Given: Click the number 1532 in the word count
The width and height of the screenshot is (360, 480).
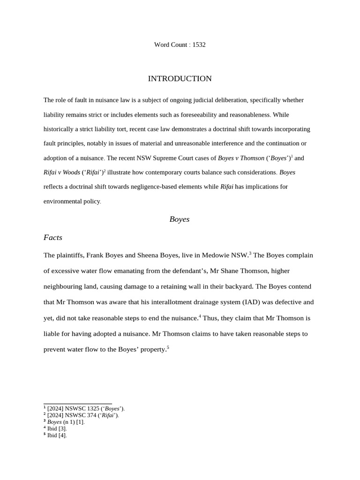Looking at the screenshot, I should click(x=199, y=45).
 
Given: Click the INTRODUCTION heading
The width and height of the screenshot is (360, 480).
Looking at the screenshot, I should click(x=180, y=79).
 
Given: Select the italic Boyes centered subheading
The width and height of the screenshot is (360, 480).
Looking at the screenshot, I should click(x=180, y=219).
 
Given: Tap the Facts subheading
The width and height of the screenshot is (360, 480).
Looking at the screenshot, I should click(x=53, y=238).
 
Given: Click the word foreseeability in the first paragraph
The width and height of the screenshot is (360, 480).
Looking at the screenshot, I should click(x=198, y=114).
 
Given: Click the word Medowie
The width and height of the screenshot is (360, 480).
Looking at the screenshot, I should click(x=218, y=255).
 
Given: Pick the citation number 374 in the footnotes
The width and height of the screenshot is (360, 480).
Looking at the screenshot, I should click(x=92, y=415).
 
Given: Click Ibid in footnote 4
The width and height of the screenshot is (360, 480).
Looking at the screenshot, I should click(x=52, y=428).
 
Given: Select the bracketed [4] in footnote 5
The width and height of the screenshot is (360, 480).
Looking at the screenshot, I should click(x=62, y=435).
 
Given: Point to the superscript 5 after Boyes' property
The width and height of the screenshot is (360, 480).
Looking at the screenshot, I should click(x=168, y=347).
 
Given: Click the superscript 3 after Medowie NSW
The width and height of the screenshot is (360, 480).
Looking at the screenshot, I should click(x=250, y=253).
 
